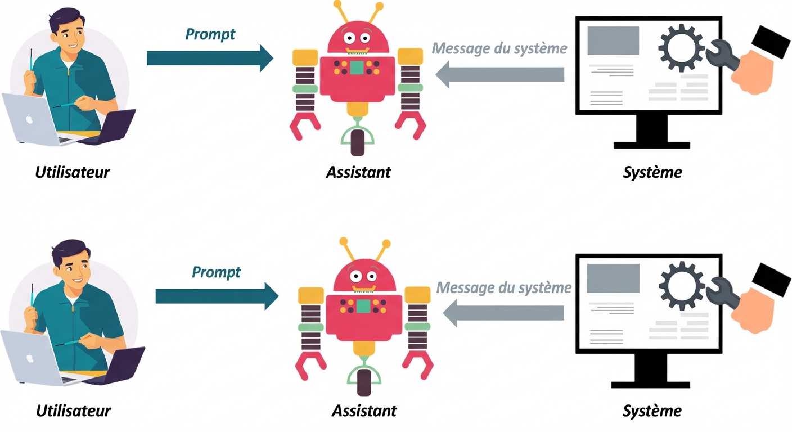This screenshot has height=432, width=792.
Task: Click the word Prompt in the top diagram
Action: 210,34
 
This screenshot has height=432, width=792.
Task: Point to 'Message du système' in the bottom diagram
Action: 503,287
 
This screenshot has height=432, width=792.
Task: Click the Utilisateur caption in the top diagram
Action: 73,172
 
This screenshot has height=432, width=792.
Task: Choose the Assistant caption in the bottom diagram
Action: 364,411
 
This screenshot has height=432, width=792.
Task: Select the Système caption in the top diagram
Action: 652,172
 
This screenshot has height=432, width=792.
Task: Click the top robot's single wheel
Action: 357,141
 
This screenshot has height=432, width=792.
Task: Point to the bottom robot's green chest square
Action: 363,307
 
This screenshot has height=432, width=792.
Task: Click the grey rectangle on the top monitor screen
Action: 613,40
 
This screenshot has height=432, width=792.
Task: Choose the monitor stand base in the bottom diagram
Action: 651,385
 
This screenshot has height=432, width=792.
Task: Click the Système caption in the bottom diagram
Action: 652,411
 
